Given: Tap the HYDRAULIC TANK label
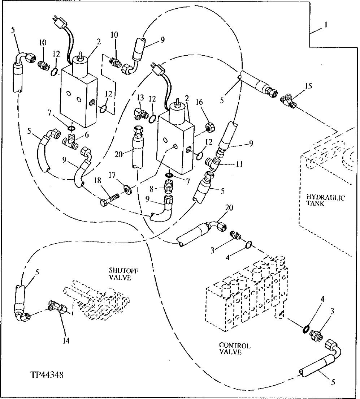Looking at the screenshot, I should (x=326, y=200).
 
